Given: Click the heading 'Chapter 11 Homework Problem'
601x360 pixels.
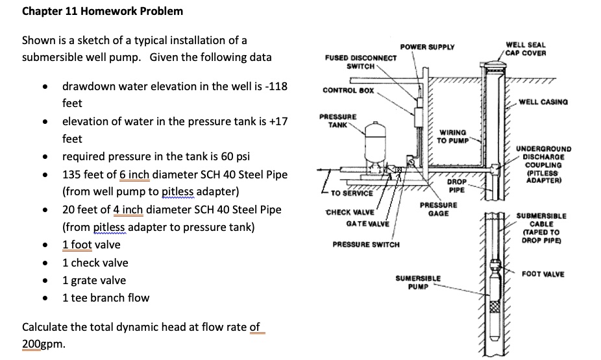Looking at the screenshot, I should pyautogui.click(x=103, y=11).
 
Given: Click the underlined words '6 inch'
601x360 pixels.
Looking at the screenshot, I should pyautogui.click(x=134, y=174).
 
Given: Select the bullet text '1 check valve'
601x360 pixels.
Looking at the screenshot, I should pyautogui.click(x=95, y=263).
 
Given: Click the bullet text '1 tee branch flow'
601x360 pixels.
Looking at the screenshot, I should pyautogui.click(x=105, y=298).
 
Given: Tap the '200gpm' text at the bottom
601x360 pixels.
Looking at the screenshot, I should pyautogui.click(x=43, y=344).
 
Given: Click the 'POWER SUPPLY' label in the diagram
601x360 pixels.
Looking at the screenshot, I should pyautogui.click(x=427, y=47).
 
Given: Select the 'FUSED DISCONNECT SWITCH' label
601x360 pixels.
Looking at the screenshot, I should pyautogui.click(x=361, y=62).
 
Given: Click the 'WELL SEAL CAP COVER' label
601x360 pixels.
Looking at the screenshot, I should pyautogui.click(x=525, y=49).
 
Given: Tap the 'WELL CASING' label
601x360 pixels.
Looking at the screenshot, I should pyautogui.click(x=543, y=102).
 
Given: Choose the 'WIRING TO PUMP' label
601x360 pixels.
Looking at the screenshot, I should pyautogui.click(x=450, y=136).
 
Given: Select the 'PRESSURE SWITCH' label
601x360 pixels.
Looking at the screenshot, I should pyautogui.click(x=366, y=245).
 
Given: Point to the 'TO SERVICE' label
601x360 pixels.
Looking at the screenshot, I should pyautogui.click(x=351, y=193).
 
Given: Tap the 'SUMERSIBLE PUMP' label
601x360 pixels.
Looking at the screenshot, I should pyautogui.click(x=418, y=282).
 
